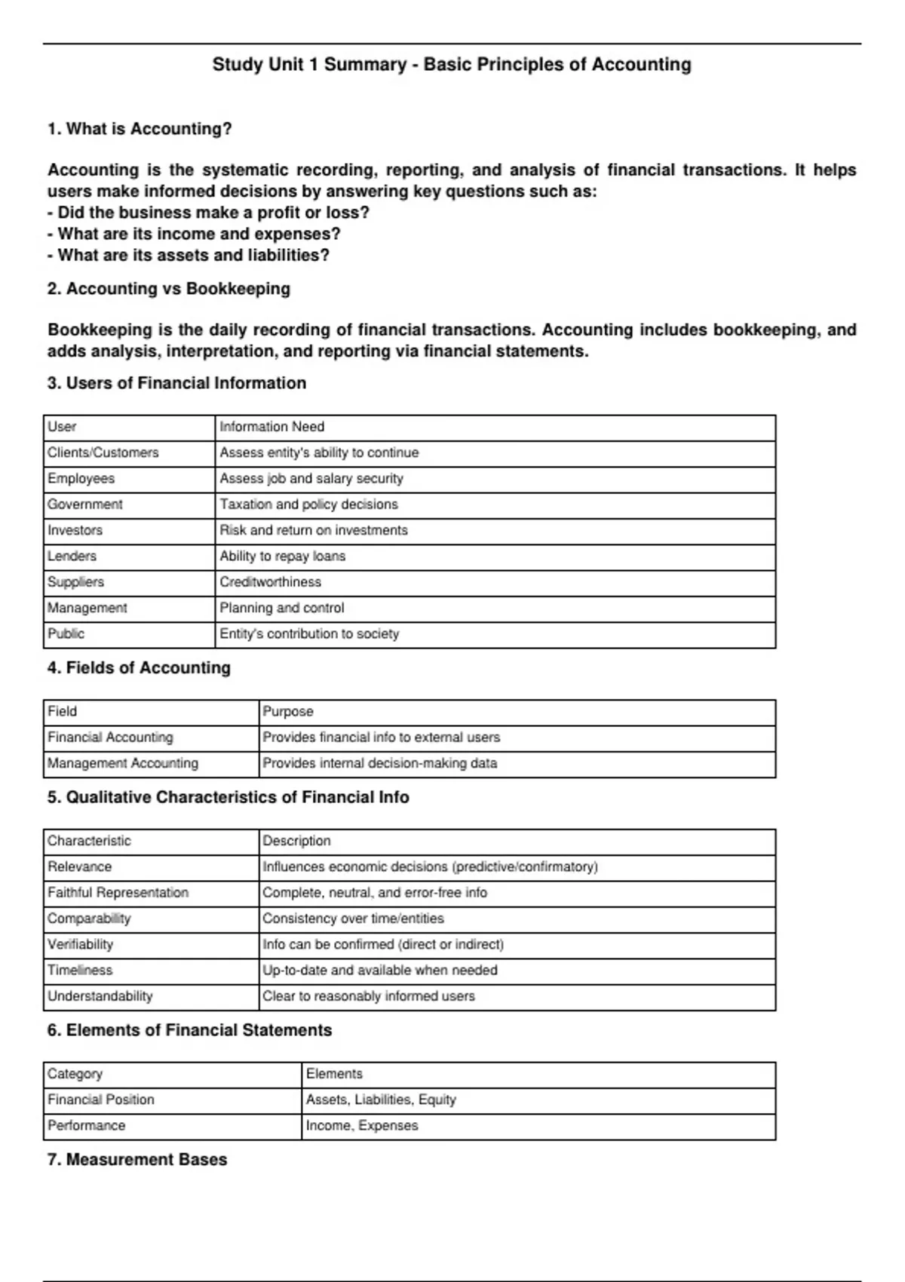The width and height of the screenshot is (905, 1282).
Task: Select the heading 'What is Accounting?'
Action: [x=140, y=129]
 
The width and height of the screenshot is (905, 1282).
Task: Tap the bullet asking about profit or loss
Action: [x=208, y=213]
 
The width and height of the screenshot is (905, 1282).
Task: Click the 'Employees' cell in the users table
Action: [x=81, y=479]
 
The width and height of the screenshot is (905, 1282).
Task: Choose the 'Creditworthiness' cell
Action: [x=270, y=582]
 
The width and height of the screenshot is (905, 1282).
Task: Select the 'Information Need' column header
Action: [x=271, y=427]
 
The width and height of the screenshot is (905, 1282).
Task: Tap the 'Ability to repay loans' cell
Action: [x=282, y=557]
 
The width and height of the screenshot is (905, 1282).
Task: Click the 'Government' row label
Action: [x=84, y=505]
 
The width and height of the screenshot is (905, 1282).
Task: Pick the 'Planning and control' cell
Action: [x=281, y=608]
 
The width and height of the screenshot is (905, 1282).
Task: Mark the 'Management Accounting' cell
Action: [x=122, y=763]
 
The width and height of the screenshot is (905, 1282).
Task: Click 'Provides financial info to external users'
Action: [x=381, y=738]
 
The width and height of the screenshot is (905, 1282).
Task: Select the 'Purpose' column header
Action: [x=287, y=712]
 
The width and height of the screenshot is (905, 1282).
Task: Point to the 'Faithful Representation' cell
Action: [x=118, y=893]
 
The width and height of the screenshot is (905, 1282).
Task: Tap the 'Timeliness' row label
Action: [x=79, y=971]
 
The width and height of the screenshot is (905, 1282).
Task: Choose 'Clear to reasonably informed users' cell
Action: [x=368, y=996]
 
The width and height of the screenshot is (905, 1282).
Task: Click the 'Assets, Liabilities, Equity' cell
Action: [x=381, y=1100]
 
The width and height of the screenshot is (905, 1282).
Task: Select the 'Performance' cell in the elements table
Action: [x=86, y=1126]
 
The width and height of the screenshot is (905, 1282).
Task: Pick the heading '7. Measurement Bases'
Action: [x=137, y=1160]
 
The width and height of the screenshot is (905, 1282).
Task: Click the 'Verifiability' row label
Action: [x=80, y=945]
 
